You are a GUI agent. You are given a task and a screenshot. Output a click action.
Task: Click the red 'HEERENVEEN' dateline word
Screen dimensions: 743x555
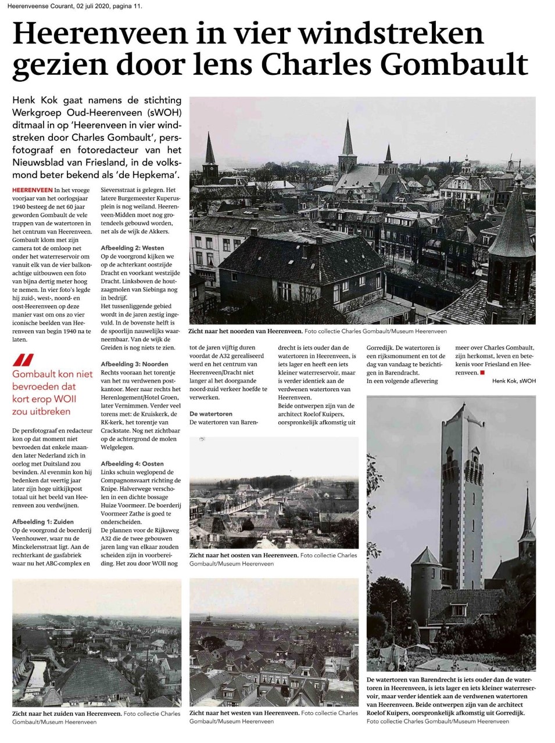tap(31, 190)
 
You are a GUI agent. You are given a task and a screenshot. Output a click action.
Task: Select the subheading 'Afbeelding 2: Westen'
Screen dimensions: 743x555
tap(132, 248)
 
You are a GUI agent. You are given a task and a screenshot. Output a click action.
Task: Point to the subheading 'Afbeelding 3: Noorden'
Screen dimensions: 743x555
tap(134, 364)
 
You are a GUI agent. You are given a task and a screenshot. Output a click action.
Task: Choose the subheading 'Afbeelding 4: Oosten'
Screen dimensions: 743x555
tap(132, 464)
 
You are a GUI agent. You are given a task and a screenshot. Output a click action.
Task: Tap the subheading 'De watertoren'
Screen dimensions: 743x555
tap(211, 414)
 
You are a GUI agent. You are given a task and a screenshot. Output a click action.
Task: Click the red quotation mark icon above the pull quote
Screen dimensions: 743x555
tap(24, 359)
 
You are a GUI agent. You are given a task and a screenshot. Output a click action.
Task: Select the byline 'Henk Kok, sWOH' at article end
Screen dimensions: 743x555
tap(514, 381)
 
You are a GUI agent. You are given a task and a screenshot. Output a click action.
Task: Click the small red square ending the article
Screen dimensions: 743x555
tap(482, 373)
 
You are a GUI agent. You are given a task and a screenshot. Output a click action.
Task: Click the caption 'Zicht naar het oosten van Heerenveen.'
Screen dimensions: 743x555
tap(244, 556)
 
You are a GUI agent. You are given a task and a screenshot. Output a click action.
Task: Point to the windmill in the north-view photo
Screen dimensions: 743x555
tap(511, 162)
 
